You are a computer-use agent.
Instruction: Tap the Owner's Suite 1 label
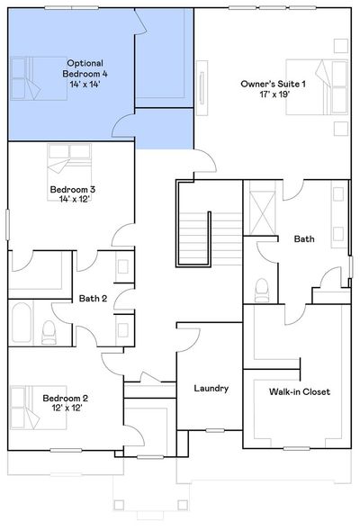pos(273,84)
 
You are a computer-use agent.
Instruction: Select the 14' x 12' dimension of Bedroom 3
pos(74,200)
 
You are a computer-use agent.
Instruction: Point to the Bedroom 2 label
pos(65,399)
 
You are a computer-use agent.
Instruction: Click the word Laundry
pos(211,389)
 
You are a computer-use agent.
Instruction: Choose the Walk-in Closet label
pos(300,391)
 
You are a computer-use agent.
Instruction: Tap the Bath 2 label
pos(93,299)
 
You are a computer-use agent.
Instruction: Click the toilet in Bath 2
pos(49,332)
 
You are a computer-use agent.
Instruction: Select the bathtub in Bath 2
pos(21,322)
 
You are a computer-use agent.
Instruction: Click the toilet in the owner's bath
pos(262,290)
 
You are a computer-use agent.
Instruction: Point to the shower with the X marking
pos(262,212)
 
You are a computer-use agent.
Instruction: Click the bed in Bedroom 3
pos(69,173)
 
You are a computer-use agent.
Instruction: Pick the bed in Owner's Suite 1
pos(317,87)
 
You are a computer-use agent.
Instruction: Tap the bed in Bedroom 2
pos(38,408)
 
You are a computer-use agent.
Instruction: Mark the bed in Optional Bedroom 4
pos(39,78)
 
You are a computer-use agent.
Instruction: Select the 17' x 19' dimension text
pos(274,94)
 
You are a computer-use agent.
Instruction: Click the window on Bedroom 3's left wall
pos(7,225)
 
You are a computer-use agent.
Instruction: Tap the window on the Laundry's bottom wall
pos(215,430)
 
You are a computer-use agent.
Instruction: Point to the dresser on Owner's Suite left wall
pos(202,88)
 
